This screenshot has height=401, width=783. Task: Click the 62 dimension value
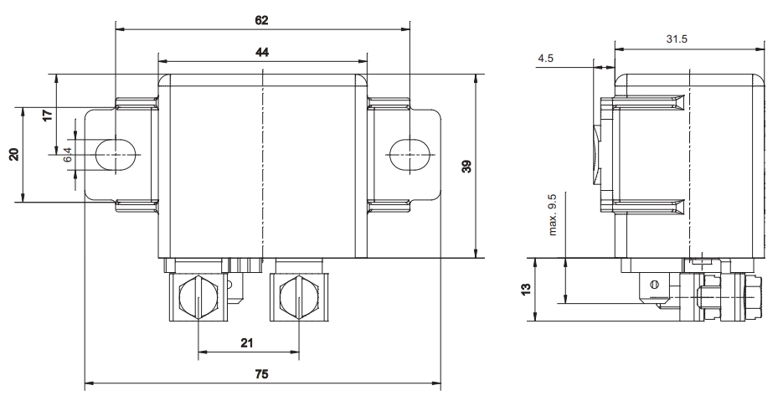pyautogui.click(x=261, y=20)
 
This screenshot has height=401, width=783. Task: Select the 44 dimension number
pyautogui.click(x=261, y=52)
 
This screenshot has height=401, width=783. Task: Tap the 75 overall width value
pyautogui.click(x=261, y=374)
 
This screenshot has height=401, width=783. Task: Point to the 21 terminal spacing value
pyautogui.click(x=247, y=343)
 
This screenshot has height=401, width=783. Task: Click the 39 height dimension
pyautogui.click(x=466, y=167)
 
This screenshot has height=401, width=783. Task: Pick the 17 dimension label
pyautogui.click(x=48, y=116)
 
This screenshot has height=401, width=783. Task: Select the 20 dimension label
pyautogui.click(x=14, y=154)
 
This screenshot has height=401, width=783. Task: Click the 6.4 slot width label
pyautogui.click(x=68, y=154)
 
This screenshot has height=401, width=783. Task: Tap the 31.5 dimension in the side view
pyautogui.click(x=677, y=39)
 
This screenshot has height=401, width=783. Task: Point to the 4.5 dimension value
pyautogui.click(x=545, y=59)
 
